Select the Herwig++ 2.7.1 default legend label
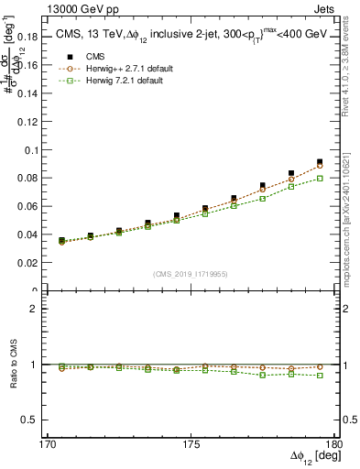coord(126,69)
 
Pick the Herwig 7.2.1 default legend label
coord(122,81)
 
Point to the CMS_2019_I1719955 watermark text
coord(192,273)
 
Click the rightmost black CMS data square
coord(320,162)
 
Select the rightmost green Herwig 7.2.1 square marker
coord(320,178)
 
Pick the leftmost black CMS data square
coord(61,240)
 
